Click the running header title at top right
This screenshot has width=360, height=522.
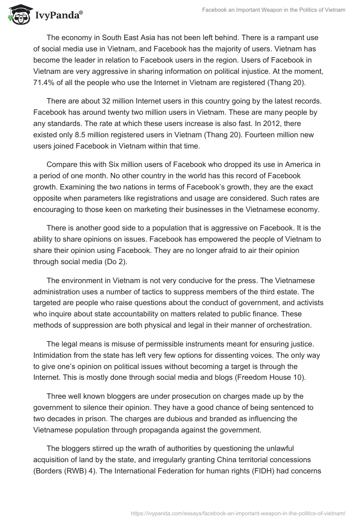coord(273,10)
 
